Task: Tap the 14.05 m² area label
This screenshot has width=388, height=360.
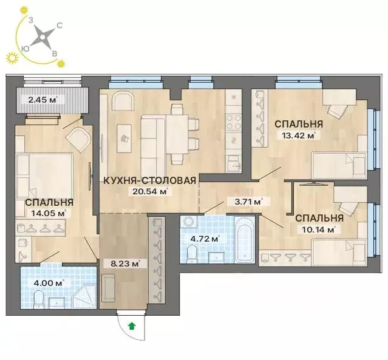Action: click(49, 213)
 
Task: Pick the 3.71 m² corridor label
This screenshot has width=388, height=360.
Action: click(248, 202)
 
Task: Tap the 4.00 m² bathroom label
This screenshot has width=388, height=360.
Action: click(47, 282)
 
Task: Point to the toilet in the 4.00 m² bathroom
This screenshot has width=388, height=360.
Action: click(39, 299)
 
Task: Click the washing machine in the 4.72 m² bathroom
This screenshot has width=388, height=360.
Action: click(189, 223)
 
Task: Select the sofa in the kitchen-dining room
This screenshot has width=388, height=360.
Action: click(152, 138)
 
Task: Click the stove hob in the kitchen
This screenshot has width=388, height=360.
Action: click(233, 121)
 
